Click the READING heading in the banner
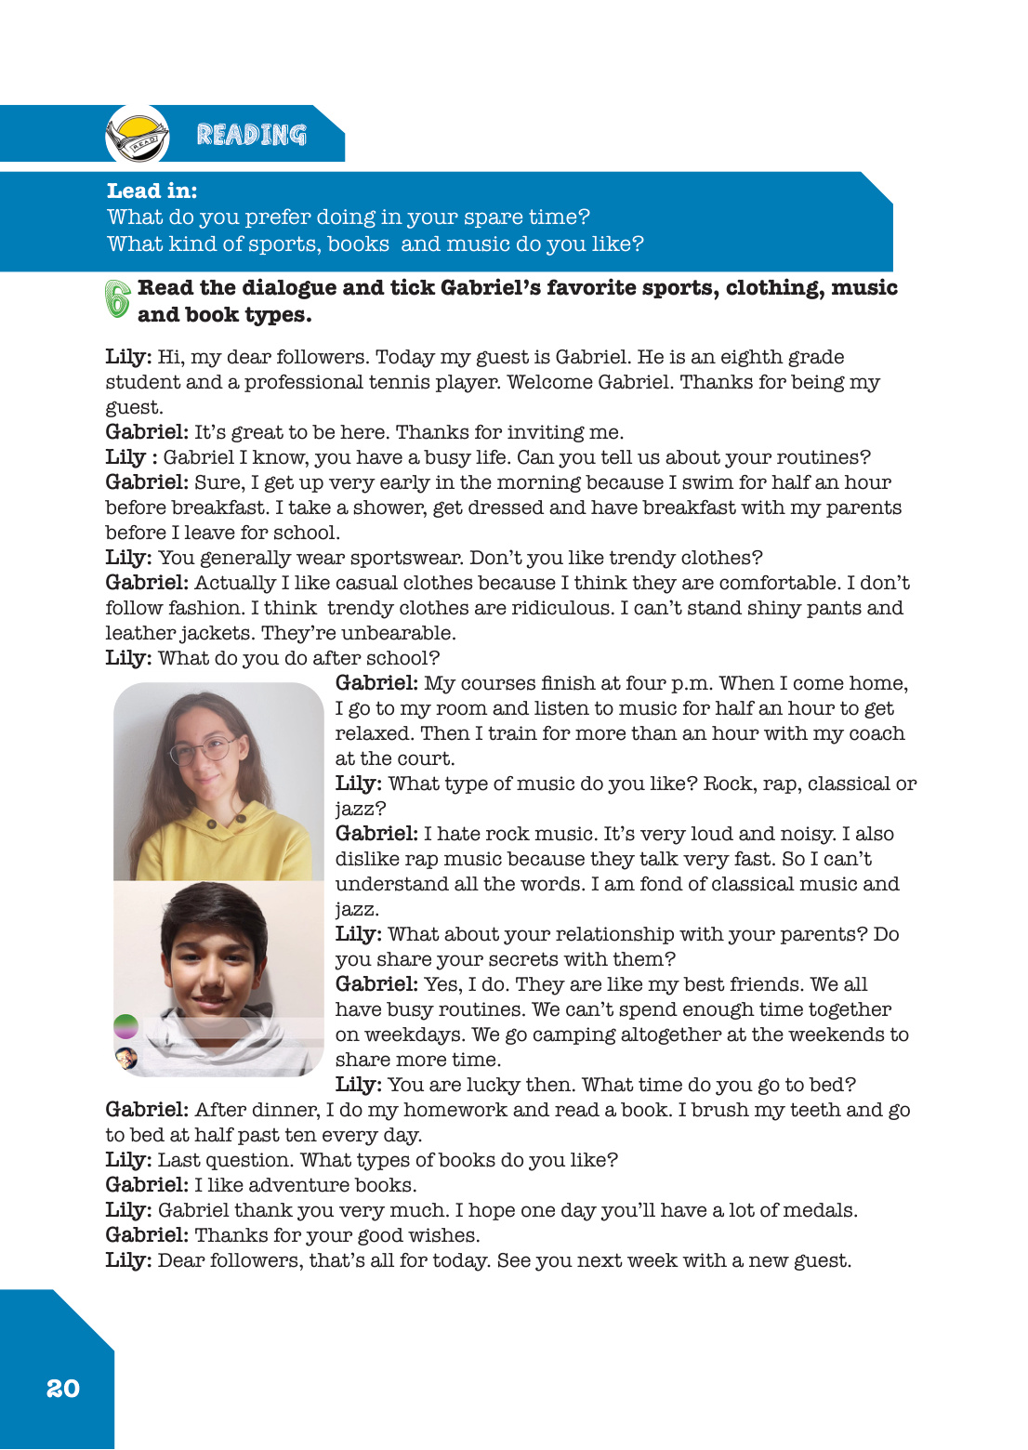click(x=251, y=135)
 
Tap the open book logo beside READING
click(x=138, y=136)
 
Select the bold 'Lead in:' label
click(x=152, y=191)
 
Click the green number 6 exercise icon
click(x=118, y=299)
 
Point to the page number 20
click(x=63, y=1388)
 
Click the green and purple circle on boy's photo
click(x=125, y=1026)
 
